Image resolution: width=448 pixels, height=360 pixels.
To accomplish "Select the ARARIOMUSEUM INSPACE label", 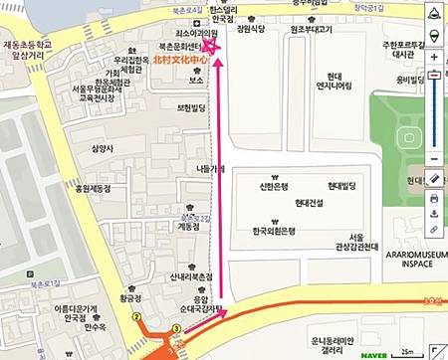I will click(x=410, y=259).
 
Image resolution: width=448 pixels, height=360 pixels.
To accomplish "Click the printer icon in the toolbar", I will click(x=433, y=197).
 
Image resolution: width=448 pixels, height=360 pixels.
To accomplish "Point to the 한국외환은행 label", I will click(x=275, y=231).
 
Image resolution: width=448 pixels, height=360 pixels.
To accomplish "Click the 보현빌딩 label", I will click(x=189, y=105).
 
